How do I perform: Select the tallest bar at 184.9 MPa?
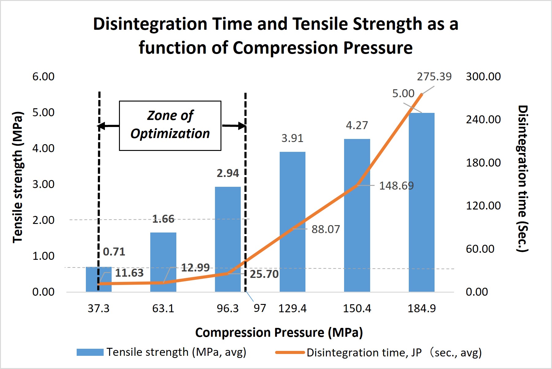point(421,202)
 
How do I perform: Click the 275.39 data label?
point(434,76)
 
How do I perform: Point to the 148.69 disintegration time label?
point(396,186)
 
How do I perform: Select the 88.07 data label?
point(326,229)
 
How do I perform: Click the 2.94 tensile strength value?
point(228,173)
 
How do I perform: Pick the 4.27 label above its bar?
point(357,125)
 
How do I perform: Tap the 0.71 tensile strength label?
point(114,252)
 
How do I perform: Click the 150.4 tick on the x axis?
point(357,308)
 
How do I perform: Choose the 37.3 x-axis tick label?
point(98,308)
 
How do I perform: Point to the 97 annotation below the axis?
point(260,308)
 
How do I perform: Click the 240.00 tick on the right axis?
point(483,119)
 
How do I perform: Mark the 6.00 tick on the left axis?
point(43,76)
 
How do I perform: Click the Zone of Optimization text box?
point(170,125)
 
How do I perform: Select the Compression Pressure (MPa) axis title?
point(279,332)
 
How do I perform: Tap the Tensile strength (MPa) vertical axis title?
point(18,177)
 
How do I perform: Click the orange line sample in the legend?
point(290,352)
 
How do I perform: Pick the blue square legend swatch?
point(90,352)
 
